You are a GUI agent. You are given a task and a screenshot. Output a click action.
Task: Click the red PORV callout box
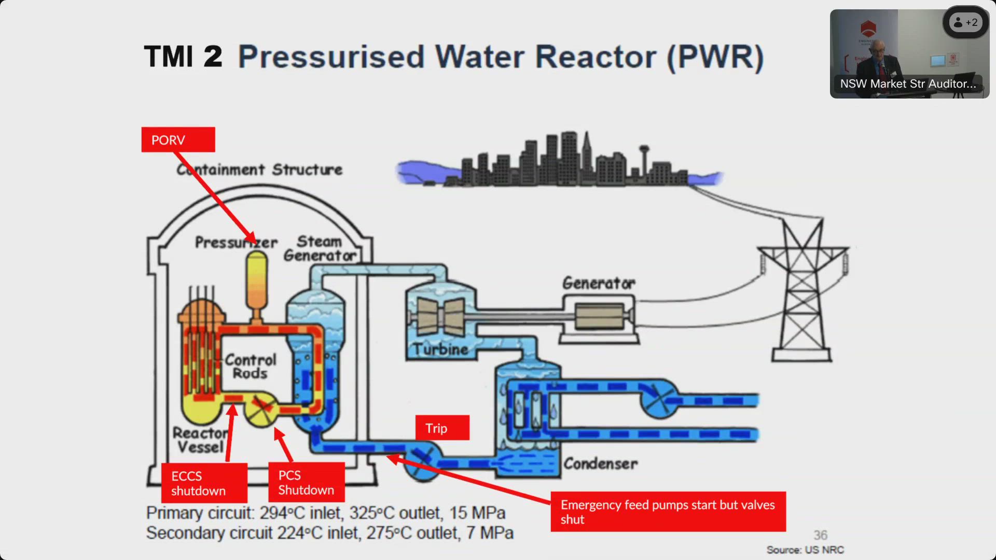[x=178, y=139]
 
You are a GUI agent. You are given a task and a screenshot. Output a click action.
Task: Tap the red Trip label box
[x=442, y=428]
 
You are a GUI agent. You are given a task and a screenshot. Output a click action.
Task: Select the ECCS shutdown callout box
[x=204, y=483]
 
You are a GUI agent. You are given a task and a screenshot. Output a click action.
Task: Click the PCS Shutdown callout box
[x=306, y=482]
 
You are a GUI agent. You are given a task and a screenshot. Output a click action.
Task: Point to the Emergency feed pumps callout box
[x=668, y=512]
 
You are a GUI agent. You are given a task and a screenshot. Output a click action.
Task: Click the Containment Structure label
[x=259, y=170]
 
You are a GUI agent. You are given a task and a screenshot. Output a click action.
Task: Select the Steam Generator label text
[x=320, y=248]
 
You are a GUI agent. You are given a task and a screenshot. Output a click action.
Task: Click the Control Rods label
[x=251, y=366]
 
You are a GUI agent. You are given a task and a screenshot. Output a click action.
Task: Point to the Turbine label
[x=441, y=349]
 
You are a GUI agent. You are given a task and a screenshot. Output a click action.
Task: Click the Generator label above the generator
[x=599, y=283]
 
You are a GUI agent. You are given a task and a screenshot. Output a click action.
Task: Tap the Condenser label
[x=600, y=463]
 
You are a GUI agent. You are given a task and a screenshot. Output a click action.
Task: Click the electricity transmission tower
[x=802, y=290]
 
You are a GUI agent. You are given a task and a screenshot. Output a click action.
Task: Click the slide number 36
[x=820, y=535]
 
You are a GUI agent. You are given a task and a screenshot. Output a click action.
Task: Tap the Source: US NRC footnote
[x=805, y=550]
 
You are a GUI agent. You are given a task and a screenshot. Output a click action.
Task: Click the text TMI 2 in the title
[x=183, y=57]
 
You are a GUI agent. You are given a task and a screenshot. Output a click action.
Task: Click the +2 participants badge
[x=965, y=22]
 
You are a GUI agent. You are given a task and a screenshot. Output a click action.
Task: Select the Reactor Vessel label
[x=200, y=440]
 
